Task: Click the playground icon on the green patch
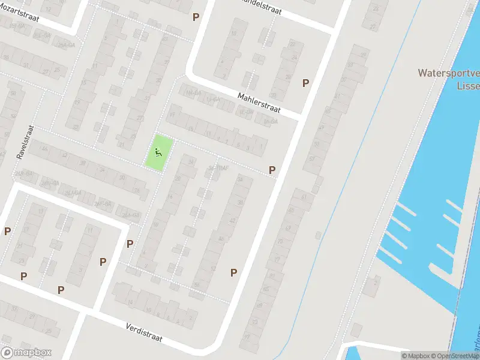point(159,152)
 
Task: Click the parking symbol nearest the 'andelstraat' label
point(196,17)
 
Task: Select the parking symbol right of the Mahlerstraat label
point(306,83)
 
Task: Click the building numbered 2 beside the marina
point(374,281)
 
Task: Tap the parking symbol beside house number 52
point(233,272)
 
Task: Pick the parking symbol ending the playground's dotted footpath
point(272,170)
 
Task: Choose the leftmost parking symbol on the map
point(8,231)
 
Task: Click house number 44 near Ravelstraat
point(44,149)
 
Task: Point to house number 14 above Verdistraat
point(131,301)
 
